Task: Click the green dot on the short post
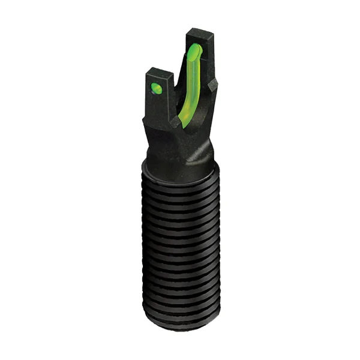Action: point(155,89)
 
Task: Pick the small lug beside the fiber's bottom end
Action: point(175,123)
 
